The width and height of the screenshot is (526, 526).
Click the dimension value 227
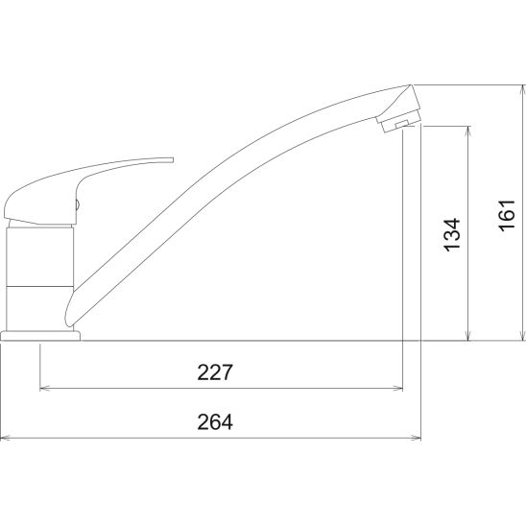(x=215, y=372)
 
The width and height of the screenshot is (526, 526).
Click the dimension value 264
(x=215, y=422)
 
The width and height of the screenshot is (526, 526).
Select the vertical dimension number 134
(x=452, y=235)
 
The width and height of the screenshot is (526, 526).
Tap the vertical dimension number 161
(x=507, y=215)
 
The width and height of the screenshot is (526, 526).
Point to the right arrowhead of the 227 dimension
(x=397, y=389)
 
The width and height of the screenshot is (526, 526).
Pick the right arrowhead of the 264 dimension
(x=416, y=438)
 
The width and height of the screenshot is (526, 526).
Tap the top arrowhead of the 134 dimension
(x=468, y=131)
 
